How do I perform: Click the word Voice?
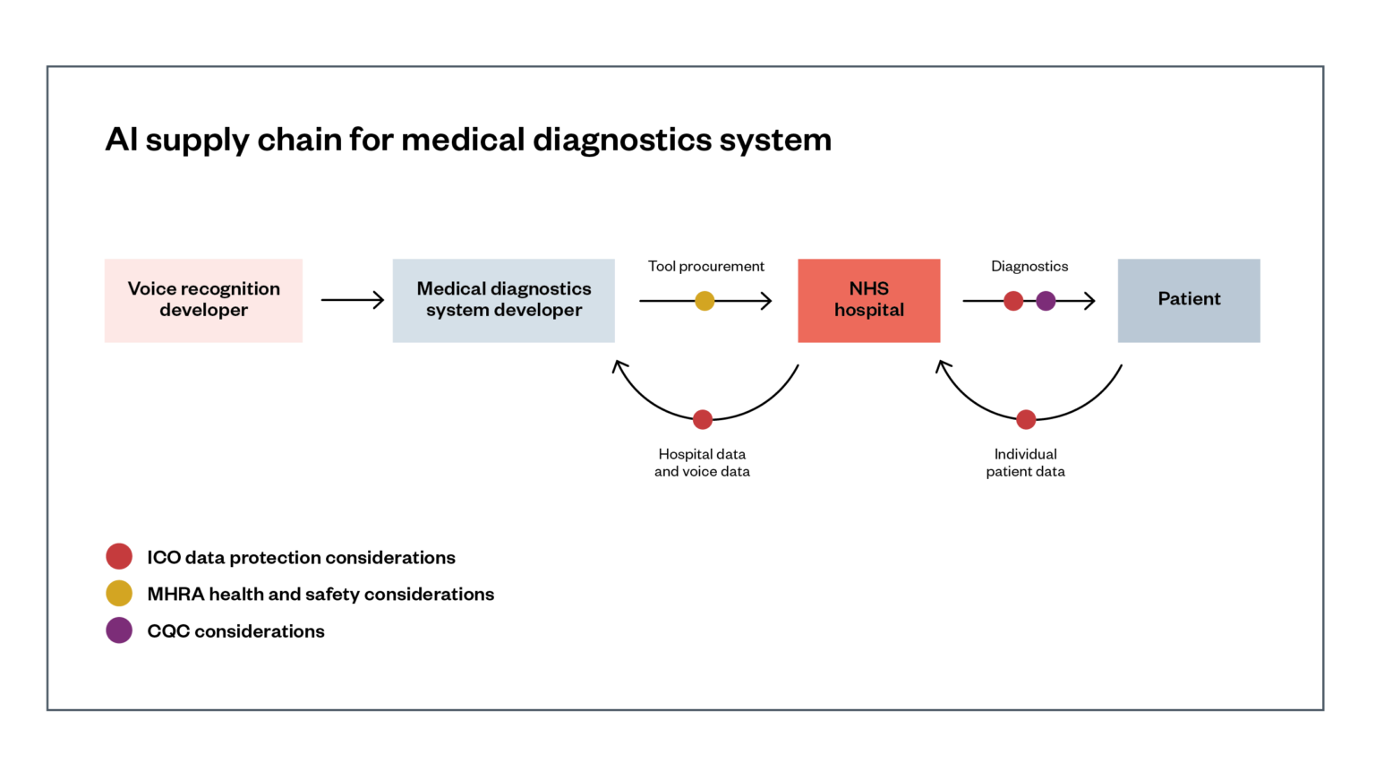click(x=151, y=288)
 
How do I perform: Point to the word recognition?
click(x=230, y=289)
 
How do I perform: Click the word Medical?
click(x=450, y=288)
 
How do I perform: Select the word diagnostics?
click(x=540, y=289)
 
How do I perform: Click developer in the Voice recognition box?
click(x=203, y=310)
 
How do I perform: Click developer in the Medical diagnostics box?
click(x=537, y=310)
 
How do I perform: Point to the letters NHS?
click(x=868, y=288)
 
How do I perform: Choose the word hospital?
click(x=868, y=310)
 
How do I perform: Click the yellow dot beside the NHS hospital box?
click(x=705, y=301)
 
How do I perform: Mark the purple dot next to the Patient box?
click(x=1046, y=301)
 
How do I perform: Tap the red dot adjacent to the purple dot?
click(x=1013, y=301)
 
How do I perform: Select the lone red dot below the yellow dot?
click(x=703, y=419)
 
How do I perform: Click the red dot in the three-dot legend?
click(x=119, y=556)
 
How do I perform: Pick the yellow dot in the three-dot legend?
click(x=119, y=593)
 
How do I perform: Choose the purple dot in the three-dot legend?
click(x=119, y=630)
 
